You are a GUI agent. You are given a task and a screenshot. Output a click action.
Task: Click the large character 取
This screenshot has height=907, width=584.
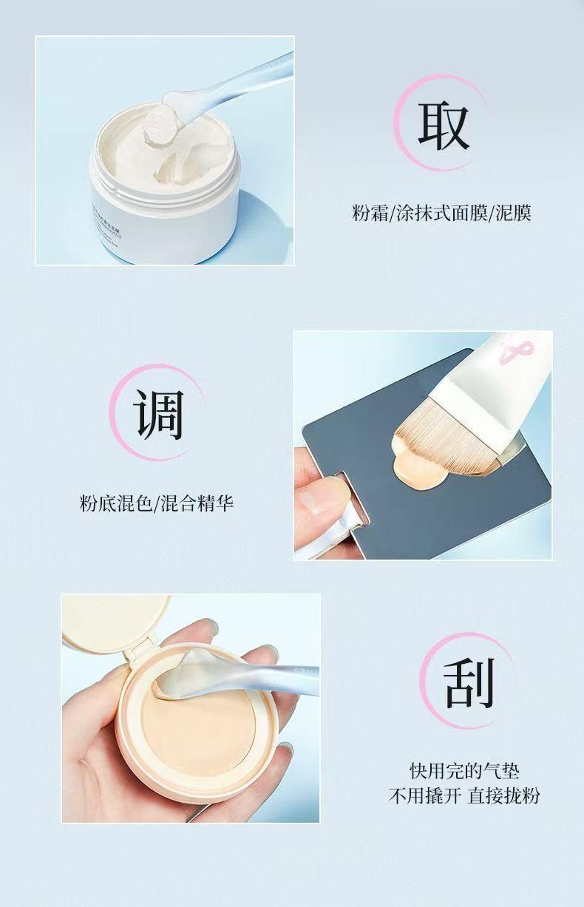coord(444,126)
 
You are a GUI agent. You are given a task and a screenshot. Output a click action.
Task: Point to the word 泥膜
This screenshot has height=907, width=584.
coord(513,214)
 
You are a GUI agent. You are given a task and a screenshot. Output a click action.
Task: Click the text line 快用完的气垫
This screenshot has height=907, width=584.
coord(464,772)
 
